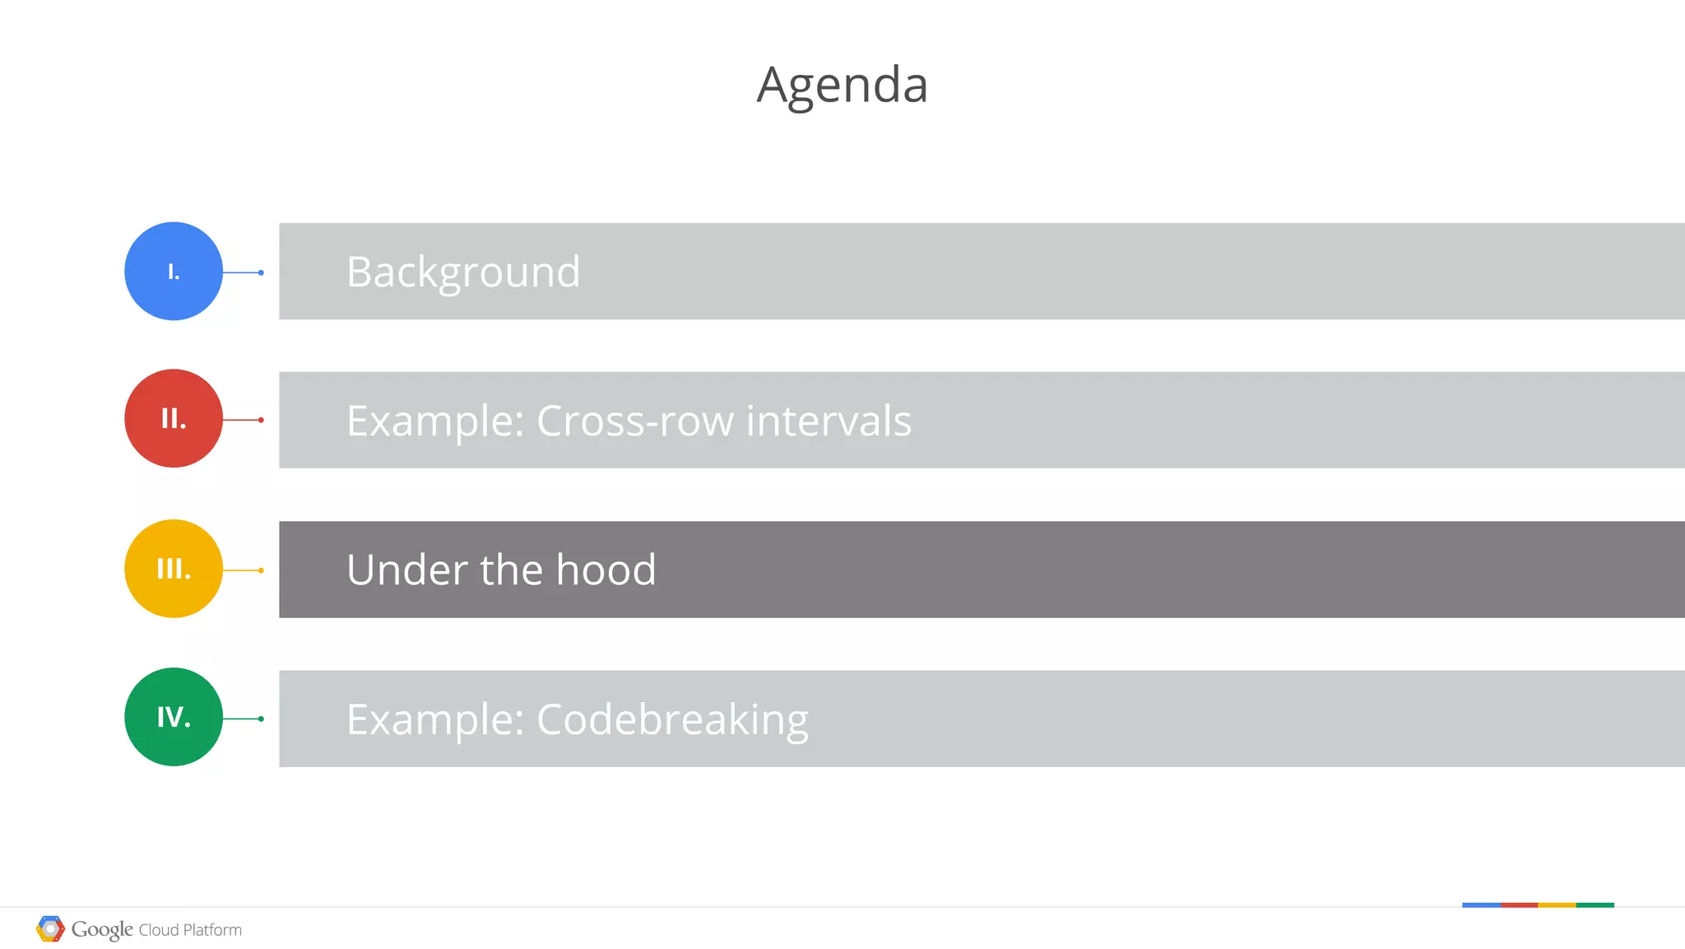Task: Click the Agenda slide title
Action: pyautogui.click(x=842, y=85)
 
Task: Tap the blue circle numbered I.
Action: pyautogui.click(x=174, y=271)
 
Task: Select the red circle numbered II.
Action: pyautogui.click(x=174, y=418)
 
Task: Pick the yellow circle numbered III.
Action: pyautogui.click(x=174, y=569)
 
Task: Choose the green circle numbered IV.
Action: pyautogui.click(x=174, y=717)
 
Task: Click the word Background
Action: pyautogui.click(x=463, y=272)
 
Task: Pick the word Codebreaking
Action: pyautogui.click(x=672, y=719)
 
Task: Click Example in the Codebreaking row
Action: pyautogui.click(x=435, y=719)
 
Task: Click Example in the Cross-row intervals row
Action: pyautogui.click(x=435, y=421)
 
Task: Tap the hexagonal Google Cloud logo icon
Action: pyautogui.click(x=50, y=929)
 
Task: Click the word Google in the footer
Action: pyautogui.click(x=102, y=929)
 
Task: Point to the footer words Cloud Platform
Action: pyautogui.click(x=190, y=930)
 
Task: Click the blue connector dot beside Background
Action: pyautogui.click(x=261, y=272)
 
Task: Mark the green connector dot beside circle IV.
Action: pyautogui.click(x=261, y=719)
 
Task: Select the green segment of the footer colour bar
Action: pyautogui.click(x=1594, y=905)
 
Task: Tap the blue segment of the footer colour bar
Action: pyautogui.click(x=1481, y=905)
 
